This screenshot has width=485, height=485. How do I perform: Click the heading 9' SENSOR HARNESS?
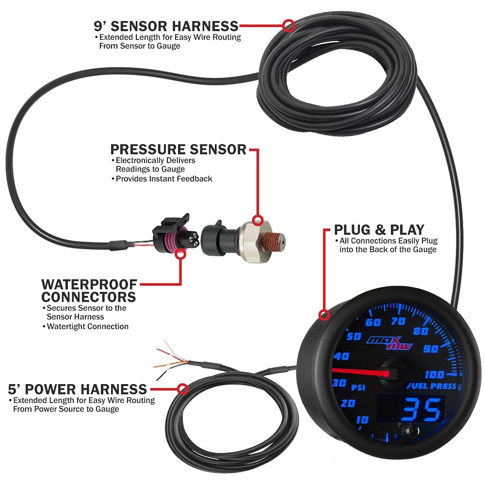click(166, 25)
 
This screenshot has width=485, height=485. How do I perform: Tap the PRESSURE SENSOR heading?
click(178, 149)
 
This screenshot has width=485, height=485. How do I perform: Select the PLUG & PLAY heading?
click(379, 229)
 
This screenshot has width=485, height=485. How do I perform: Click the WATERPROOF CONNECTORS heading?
click(89, 290)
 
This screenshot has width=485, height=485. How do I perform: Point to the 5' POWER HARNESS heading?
click(78, 389)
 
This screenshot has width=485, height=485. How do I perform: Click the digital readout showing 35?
click(421, 410)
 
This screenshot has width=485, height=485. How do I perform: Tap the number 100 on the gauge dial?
click(434, 374)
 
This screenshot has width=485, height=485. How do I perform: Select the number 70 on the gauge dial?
click(398, 321)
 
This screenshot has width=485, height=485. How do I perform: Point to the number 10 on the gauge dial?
click(362, 420)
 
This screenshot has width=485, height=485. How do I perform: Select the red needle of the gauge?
click(361, 372)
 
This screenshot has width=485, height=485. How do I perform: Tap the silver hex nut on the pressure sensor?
click(252, 236)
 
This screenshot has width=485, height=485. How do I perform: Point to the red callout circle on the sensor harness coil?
click(289, 25)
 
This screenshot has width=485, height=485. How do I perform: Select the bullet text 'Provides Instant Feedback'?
click(164, 178)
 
